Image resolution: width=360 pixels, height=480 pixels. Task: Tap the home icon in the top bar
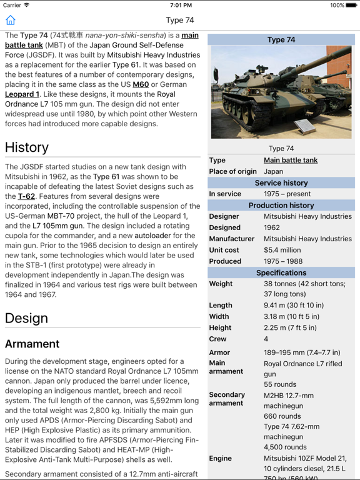click(11, 20)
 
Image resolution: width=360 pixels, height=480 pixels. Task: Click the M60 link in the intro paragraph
click(141, 84)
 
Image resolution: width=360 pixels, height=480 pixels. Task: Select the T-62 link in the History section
click(26, 196)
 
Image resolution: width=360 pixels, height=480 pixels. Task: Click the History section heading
click(27, 147)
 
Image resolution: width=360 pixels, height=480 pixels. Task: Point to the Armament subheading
click(32, 344)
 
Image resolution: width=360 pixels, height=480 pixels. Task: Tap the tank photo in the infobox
click(281, 92)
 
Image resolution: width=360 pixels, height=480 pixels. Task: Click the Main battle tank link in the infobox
click(291, 160)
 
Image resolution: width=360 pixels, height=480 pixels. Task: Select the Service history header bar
click(281, 182)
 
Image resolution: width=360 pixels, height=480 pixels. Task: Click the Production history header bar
click(281, 205)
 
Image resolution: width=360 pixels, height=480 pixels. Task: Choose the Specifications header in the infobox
click(281, 272)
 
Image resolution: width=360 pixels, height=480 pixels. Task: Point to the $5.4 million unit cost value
click(282, 250)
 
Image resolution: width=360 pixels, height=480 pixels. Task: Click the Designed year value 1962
click(272, 227)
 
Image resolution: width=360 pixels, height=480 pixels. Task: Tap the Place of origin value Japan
click(274, 171)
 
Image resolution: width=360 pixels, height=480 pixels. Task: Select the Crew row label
click(218, 339)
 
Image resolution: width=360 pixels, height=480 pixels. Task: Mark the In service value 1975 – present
click(287, 194)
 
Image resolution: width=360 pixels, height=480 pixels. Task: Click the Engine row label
click(221, 458)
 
